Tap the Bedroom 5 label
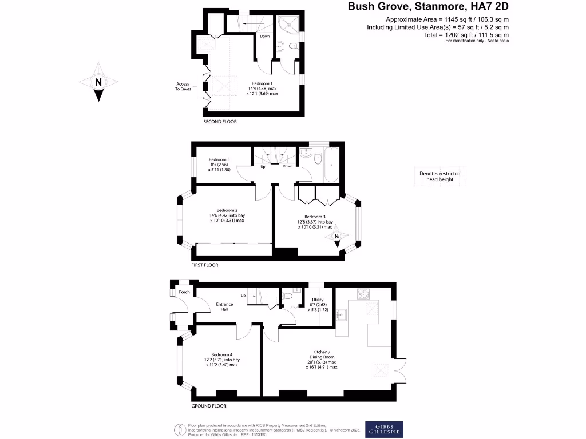tap(219, 159)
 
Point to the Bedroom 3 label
tap(315, 217)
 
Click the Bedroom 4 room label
tap(222, 354)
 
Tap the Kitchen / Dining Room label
tap(322, 351)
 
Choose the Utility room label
tap(318, 300)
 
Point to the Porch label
tap(184, 292)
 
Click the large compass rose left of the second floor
tap(98, 82)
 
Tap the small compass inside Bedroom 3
tap(336, 237)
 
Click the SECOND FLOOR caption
tap(220, 122)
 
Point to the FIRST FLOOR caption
tap(205, 265)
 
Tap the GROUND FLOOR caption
tap(209, 406)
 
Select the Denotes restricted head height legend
tap(439, 177)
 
